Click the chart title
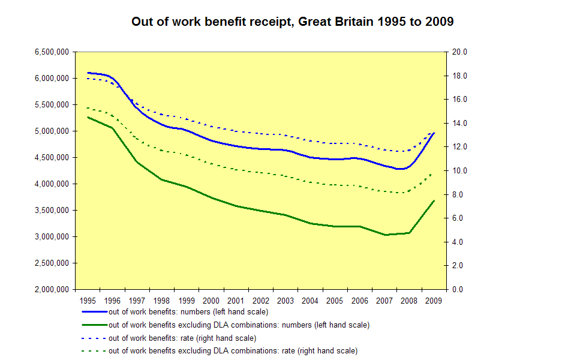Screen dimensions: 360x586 (x=293, y=22)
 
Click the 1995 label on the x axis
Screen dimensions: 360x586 (x=88, y=301)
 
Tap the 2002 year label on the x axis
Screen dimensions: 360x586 (x=260, y=301)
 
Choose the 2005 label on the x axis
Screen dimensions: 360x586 (x=334, y=301)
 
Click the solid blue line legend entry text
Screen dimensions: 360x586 (x=188, y=312)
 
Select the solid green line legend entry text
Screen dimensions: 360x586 (x=239, y=325)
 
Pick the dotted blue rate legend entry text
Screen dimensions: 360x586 (x=182, y=338)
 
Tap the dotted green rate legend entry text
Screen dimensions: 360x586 (x=233, y=350)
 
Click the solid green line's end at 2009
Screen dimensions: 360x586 (x=434, y=200)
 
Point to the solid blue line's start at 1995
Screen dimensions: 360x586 (x=88, y=73)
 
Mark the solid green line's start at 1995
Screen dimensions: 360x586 (x=88, y=117)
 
